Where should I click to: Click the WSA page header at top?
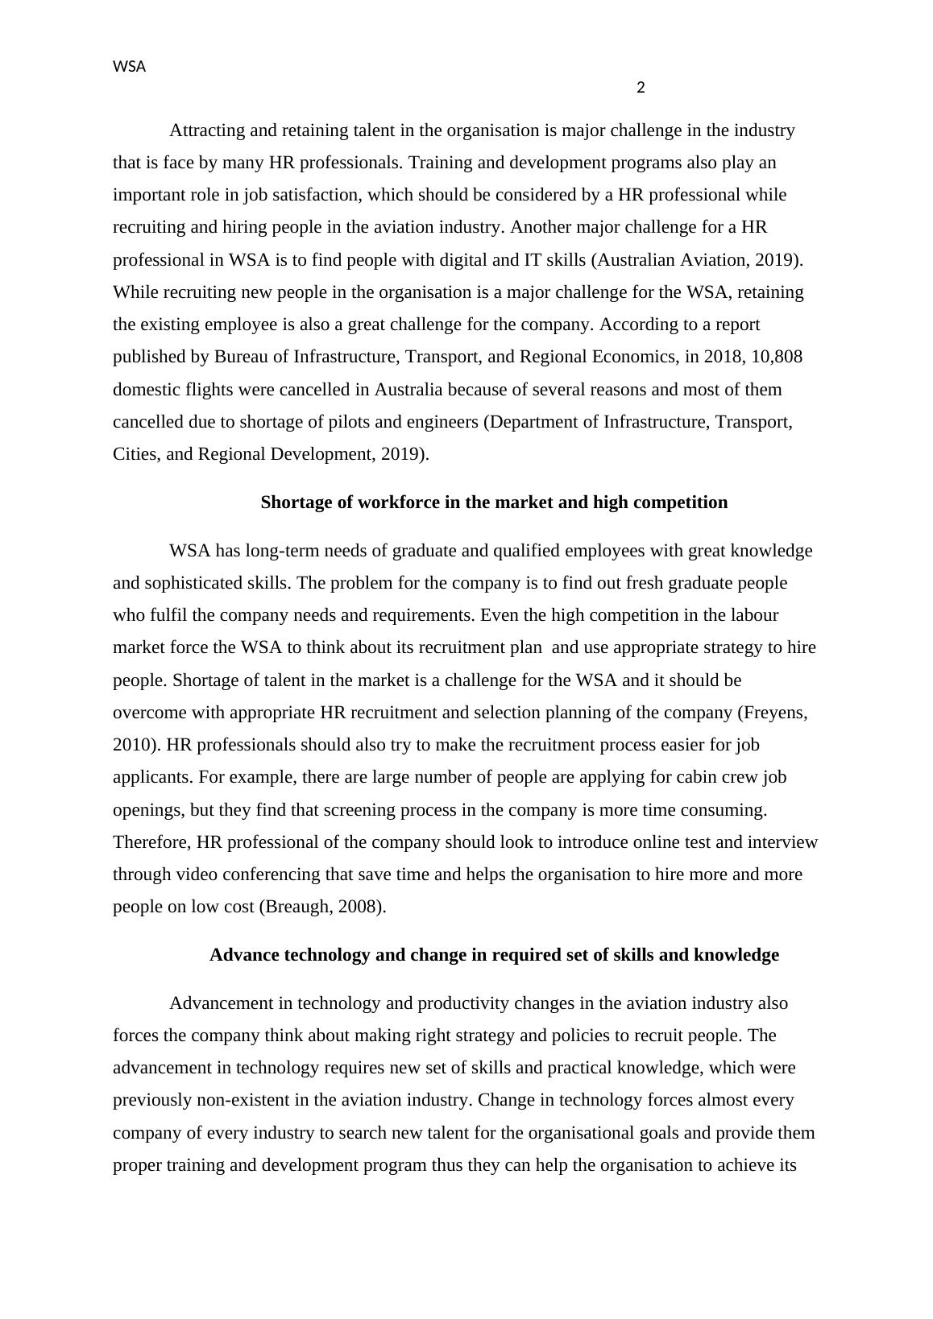coord(129,68)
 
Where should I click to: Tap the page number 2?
coord(641,88)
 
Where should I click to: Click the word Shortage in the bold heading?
coord(295,502)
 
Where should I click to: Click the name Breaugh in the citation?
coord(292,907)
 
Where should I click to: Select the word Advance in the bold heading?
coord(243,955)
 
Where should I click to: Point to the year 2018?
coord(726,357)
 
